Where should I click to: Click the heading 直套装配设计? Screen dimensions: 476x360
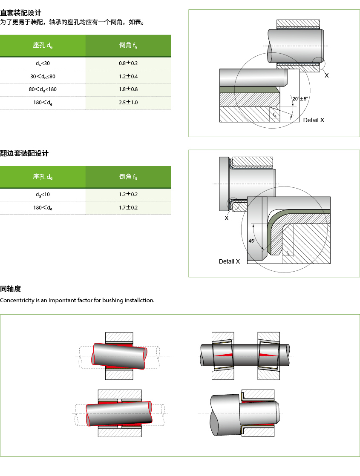tap(21, 13)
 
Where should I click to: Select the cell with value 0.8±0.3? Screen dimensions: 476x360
tap(128, 63)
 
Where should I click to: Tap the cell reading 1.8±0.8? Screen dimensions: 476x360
tap(128, 89)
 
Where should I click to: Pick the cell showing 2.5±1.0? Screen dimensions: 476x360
tap(128, 103)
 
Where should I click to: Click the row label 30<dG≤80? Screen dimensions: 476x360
tap(43, 77)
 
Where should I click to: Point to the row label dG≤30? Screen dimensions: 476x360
tap(43, 63)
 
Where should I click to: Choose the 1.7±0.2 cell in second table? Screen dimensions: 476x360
tap(128, 208)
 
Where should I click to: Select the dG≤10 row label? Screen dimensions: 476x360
tap(43, 195)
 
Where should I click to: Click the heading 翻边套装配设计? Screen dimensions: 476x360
tap(24, 153)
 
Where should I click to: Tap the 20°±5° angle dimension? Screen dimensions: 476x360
tap(300, 99)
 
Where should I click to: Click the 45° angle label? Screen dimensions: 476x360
tap(252, 241)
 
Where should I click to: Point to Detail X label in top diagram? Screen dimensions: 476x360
tap(314, 120)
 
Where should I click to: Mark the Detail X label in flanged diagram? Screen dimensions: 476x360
tap(229, 261)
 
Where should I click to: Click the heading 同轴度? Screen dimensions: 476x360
tap(11, 289)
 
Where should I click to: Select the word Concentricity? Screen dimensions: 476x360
tap(17, 300)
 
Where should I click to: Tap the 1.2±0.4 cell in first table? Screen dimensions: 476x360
tap(128, 77)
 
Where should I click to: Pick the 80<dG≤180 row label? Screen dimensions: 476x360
tap(43, 89)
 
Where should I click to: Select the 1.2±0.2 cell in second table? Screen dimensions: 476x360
tap(128, 195)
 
